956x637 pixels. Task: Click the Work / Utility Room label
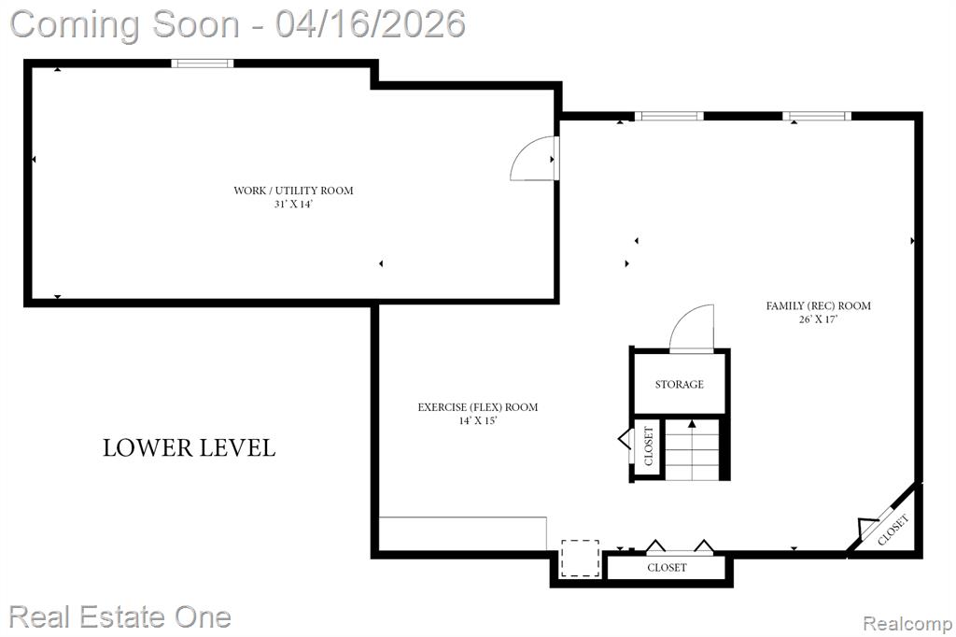pyautogui.click(x=293, y=191)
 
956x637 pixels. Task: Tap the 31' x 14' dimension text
pyautogui.click(x=293, y=205)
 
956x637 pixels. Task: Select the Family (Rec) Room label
pyautogui.click(x=818, y=305)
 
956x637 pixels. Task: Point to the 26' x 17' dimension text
pyautogui.click(x=818, y=319)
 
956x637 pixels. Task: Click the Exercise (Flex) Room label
pyautogui.click(x=478, y=407)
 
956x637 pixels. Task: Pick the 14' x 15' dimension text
pyautogui.click(x=478, y=420)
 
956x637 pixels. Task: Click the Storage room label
pyautogui.click(x=680, y=385)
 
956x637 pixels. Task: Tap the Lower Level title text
pyautogui.click(x=189, y=447)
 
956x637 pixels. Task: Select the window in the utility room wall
pyautogui.click(x=203, y=63)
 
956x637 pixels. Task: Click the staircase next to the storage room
pyautogui.click(x=692, y=448)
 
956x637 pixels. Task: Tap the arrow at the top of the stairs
pyautogui.click(x=692, y=423)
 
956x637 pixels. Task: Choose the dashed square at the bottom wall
pyautogui.click(x=580, y=559)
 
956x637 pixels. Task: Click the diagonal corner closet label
pyautogui.click(x=893, y=530)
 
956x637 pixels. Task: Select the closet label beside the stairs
pyautogui.click(x=648, y=446)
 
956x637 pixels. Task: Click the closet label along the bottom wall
pyautogui.click(x=667, y=568)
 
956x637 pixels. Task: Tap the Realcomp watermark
pyautogui.click(x=907, y=623)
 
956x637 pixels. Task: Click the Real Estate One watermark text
pyautogui.click(x=120, y=616)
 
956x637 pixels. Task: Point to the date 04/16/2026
pyautogui.click(x=370, y=23)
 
